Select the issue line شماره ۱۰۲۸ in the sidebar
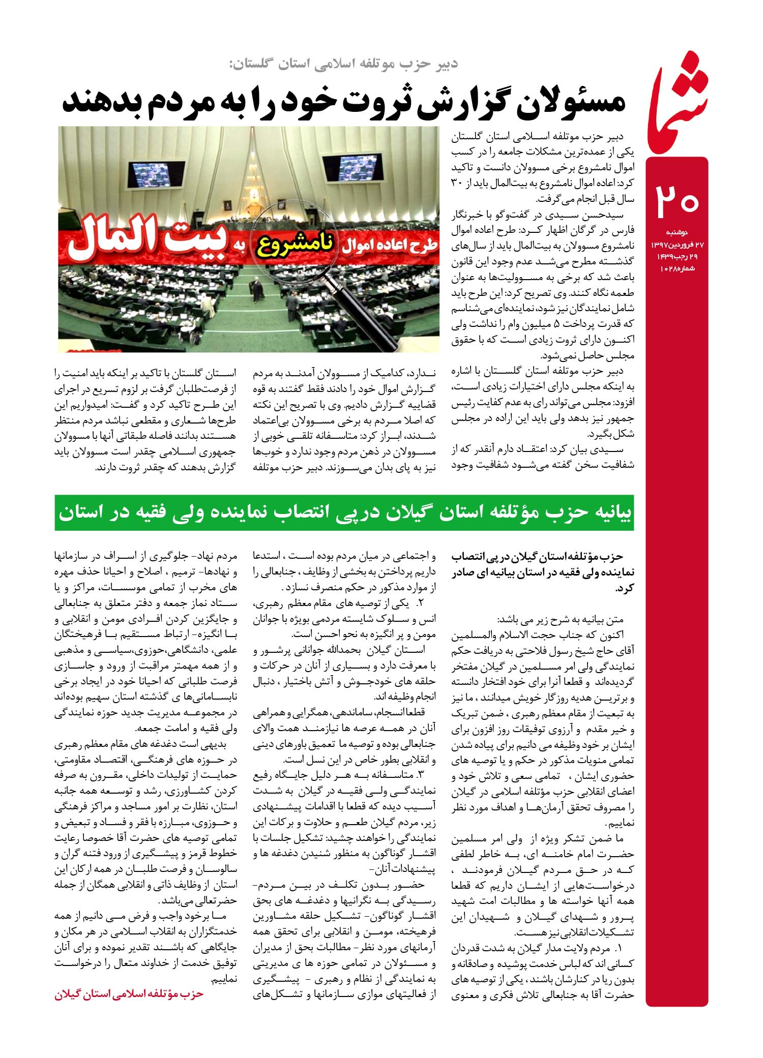click(678, 268)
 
